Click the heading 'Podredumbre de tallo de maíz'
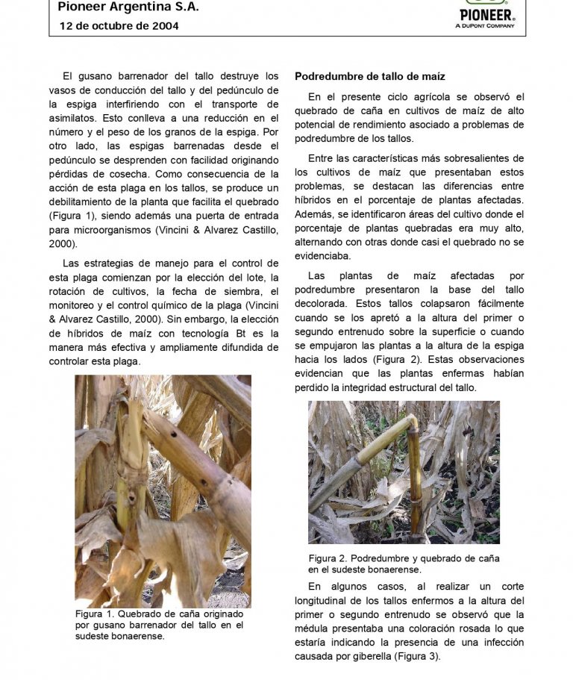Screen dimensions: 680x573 point(370,76)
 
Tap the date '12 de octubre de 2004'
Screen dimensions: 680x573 point(119,26)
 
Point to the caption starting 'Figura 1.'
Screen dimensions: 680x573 point(159,625)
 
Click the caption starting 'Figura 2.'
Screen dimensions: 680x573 point(404,564)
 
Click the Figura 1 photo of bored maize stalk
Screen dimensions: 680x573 point(163,490)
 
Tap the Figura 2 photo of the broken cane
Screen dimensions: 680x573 point(404,472)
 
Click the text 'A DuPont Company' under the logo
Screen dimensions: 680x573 point(485,25)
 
